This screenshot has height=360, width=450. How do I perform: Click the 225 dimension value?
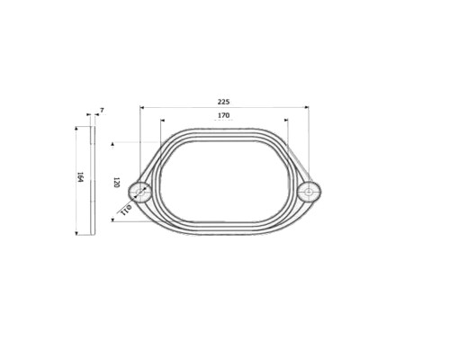[x=223, y=102]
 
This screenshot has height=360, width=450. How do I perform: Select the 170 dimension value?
[x=223, y=115]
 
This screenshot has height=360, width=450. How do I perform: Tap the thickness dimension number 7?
[x=102, y=111]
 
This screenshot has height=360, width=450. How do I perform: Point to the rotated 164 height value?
[x=80, y=177]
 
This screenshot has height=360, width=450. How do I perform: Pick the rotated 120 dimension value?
[x=117, y=183]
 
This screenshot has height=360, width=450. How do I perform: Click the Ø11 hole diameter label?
[x=126, y=210]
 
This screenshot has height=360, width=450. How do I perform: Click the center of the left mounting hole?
[x=140, y=192]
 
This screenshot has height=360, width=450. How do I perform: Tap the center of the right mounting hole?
[x=309, y=191]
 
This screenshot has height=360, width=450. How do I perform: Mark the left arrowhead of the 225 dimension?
[x=142, y=107]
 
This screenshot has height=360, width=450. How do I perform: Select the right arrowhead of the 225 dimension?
[x=307, y=107]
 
